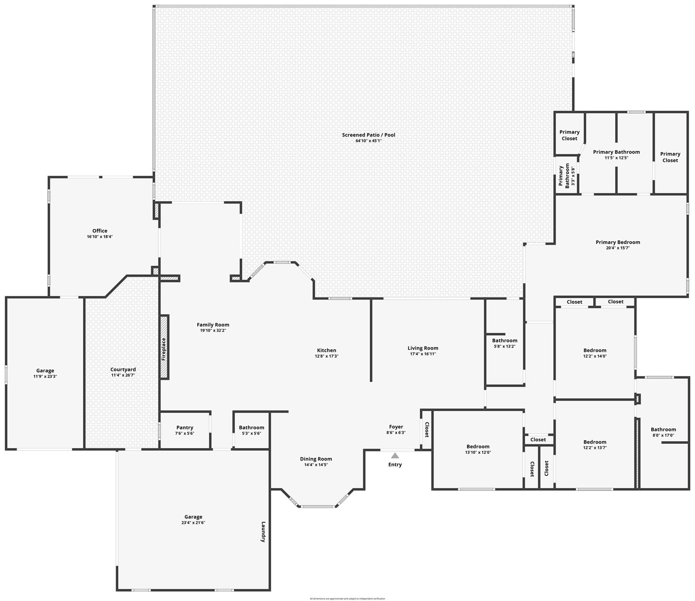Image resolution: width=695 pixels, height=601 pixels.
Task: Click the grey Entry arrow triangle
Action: click(395, 455)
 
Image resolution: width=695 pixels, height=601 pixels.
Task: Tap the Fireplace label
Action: click(164, 349)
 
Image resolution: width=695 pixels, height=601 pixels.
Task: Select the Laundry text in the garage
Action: click(263, 532)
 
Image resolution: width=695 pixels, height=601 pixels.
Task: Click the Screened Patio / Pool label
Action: click(368, 135)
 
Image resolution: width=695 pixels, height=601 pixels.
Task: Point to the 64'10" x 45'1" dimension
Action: click(368, 141)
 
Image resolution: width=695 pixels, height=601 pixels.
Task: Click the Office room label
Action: click(100, 231)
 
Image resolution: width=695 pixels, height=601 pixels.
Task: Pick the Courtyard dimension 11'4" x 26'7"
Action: click(123, 375)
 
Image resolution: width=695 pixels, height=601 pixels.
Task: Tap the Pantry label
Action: click(185, 428)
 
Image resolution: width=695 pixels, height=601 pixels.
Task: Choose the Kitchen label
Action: click(326, 351)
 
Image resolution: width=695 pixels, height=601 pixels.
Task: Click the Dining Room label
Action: click(316, 459)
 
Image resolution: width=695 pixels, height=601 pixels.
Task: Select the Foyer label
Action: click(396, 427)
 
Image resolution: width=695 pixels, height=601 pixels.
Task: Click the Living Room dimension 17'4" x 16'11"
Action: click(423, 354)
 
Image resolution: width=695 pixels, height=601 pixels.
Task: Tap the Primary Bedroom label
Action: click(618, 242)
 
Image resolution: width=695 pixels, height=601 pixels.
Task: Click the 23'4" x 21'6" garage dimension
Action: click(193, 523)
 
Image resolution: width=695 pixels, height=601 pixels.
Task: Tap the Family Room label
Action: click(213, 325)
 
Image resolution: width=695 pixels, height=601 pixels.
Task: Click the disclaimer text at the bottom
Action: click(347, 599)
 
